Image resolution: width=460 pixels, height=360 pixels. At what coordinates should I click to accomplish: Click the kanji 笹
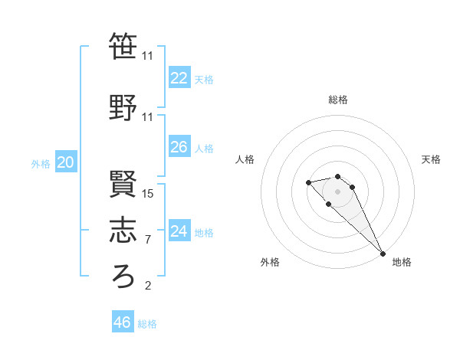123,47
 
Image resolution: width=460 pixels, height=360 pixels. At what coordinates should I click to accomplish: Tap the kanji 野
123,108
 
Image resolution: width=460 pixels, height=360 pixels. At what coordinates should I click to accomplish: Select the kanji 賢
123,184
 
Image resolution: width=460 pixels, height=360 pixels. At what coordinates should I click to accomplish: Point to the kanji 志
123,231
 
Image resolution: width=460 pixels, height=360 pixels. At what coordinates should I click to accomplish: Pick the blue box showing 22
179,77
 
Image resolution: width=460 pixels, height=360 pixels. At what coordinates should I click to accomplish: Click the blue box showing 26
179,147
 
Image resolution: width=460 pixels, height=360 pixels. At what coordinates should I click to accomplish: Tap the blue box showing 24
179,231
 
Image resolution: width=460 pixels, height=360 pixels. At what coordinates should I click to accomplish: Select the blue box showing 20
66,162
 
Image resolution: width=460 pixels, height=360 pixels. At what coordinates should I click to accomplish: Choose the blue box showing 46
123,322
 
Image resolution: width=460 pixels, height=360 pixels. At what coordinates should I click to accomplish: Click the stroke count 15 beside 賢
149,194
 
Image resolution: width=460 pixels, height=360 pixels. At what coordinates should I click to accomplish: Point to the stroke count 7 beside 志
147,240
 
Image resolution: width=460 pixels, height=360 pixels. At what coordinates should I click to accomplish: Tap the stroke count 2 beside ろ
147,286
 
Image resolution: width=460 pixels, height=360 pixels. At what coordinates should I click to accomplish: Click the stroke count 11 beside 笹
148,56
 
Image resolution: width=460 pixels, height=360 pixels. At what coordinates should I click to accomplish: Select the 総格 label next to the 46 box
147,324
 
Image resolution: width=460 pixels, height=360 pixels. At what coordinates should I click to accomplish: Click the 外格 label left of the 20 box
41,163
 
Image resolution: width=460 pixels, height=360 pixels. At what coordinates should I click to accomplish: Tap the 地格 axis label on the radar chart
402,262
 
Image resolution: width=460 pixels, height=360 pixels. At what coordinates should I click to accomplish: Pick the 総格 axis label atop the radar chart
337,100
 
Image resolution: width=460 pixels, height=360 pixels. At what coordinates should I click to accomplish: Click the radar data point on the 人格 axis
308,182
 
